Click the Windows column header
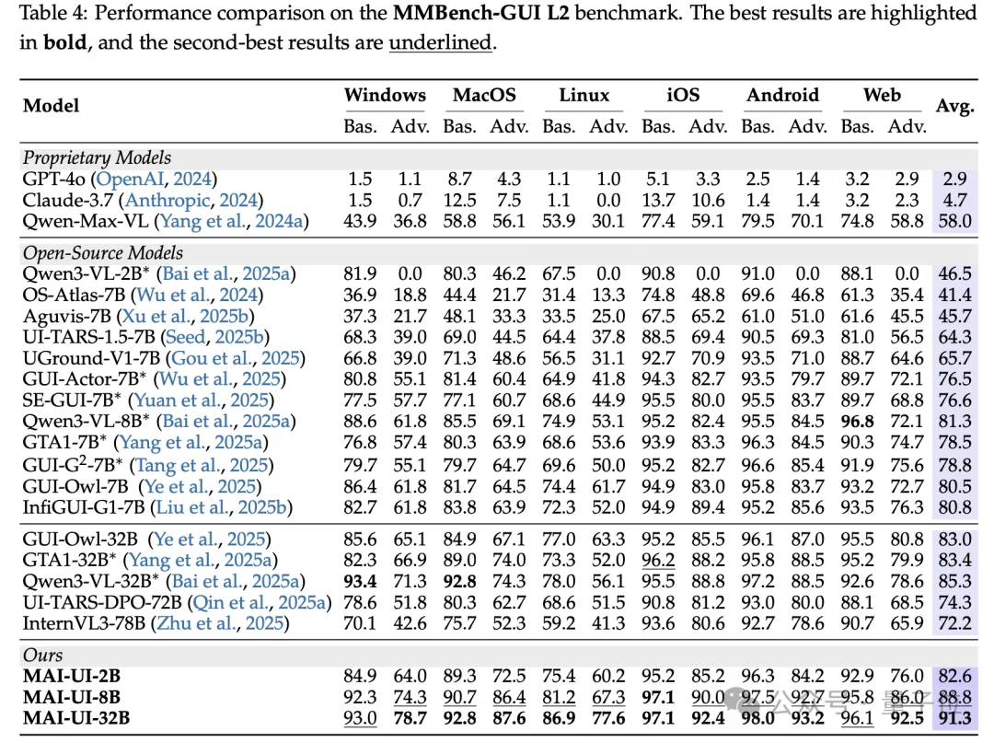pos(385,96)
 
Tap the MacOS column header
pos(484,96)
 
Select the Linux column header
pos(584,96)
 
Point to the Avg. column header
pos(954,107)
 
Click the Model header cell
pos(51,106)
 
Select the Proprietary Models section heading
pos(97,157)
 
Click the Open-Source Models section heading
pos(102,252)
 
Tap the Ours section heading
pos(43,655)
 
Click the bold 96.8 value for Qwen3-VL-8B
pos(857,421)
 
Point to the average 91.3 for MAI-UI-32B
pos(954,718)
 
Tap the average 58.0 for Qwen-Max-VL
pos(954,221)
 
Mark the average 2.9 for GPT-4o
pos(954,180)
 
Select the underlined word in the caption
pos(440,43)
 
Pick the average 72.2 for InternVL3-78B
pos(954,623)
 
